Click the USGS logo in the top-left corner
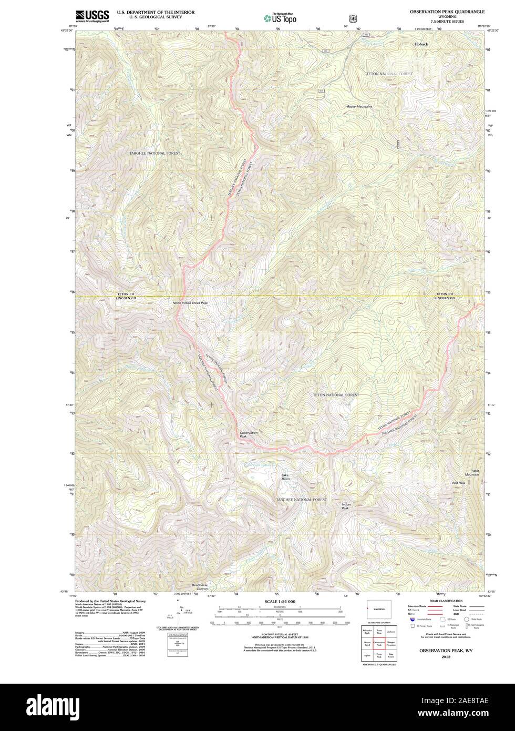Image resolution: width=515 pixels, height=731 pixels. point(92,16)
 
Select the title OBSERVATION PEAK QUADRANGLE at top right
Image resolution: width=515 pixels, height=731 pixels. point(448,11)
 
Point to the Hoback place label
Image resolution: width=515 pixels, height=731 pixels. point(421,44)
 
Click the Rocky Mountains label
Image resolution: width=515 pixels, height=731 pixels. point(359,106)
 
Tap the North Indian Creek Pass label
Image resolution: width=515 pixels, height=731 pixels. point(190,303)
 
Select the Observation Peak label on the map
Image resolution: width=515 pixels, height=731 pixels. point(248,434)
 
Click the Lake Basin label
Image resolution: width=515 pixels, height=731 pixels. point(285,477)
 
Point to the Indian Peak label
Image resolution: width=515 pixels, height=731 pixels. point(346,506)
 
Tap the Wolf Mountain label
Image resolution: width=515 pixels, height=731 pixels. point(471,472)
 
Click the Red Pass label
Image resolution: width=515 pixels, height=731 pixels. point(458,483)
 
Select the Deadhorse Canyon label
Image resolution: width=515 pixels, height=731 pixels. point(200,587)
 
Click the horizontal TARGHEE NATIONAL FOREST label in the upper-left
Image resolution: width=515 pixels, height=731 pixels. point(154,153)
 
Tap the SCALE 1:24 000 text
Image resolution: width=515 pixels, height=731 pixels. point(280,601)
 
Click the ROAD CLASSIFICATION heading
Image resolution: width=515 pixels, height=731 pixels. point(446,601)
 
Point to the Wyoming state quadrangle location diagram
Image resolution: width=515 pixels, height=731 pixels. point(378,609)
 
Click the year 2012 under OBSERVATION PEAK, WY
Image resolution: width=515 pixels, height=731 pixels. point(446,657)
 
